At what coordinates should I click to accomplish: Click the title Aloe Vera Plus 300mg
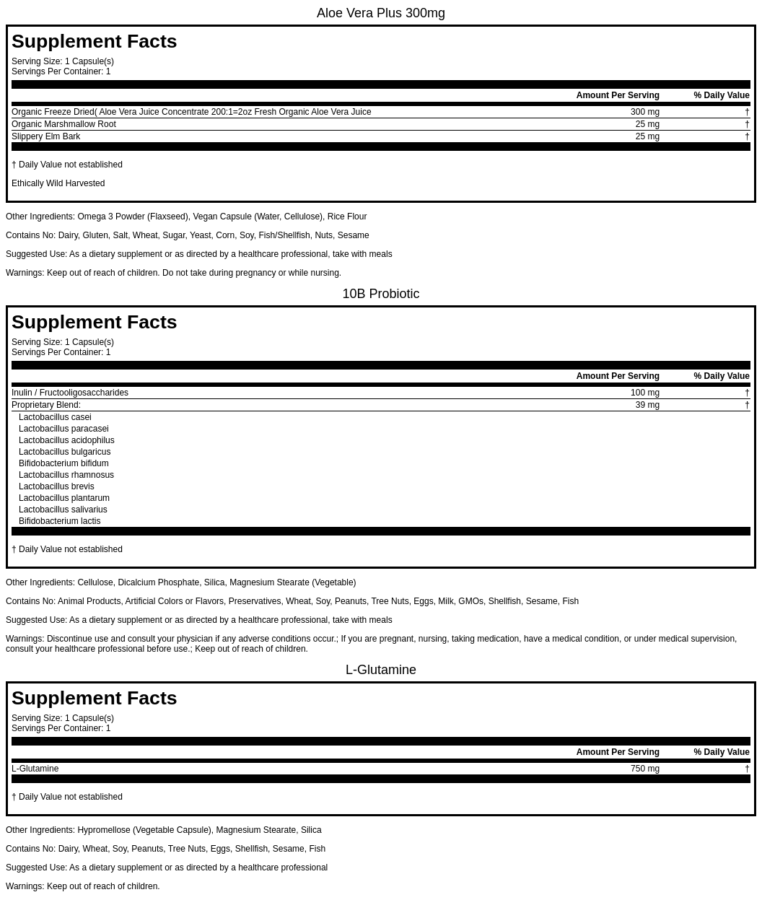coord(380,13)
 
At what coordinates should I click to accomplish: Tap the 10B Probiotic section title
coord(380,294)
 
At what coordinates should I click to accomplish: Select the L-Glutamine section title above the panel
coord(380,670)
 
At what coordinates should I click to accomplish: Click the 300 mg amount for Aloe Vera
coord(644,112)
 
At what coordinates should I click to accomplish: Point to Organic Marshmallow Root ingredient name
coord(63,124)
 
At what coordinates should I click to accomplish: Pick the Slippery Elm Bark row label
coord(45,136)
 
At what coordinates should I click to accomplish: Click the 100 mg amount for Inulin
coord(644,393)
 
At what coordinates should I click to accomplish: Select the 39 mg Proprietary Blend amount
coord(647,405)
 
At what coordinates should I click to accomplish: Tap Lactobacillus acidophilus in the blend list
coord(66,440)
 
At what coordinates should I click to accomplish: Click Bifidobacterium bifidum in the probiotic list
coord(63,463)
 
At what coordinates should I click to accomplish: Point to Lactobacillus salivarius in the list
coord(63,510)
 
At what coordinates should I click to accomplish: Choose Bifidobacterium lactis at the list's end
coord(59,521)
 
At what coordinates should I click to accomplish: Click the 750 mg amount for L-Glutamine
coord(644,769)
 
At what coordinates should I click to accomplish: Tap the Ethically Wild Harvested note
coord(58,183)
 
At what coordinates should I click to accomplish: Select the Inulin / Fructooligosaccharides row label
coord(70,393)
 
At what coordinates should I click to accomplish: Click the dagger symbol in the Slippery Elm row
coord(747,136)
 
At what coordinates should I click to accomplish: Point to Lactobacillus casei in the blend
coord(55,417)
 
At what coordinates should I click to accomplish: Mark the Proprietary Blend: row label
coord(46,405)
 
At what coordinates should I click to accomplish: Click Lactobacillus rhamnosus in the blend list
coord(66,475)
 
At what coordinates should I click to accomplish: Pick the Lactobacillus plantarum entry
coord(64,498)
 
